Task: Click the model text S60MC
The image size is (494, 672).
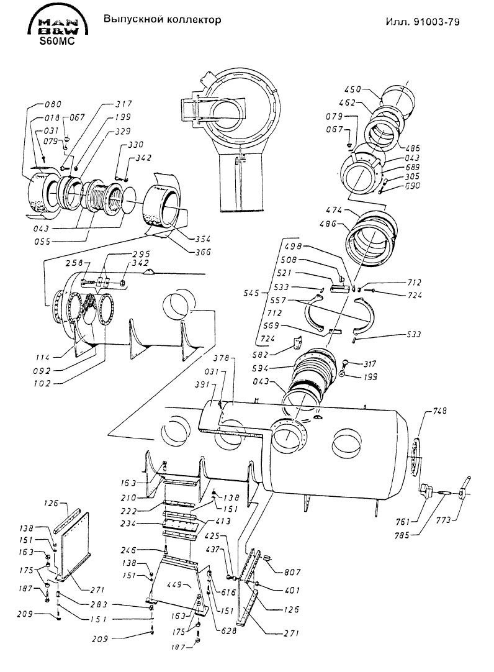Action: tap(56, 42)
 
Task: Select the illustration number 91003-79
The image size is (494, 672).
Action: tap(437, 22)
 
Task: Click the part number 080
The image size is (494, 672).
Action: tap(53, 104)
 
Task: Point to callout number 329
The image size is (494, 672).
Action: tap(122, 131)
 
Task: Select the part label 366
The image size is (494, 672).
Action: tap(203, 252)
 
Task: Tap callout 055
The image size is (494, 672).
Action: tap(42, 242)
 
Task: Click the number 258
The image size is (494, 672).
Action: tap(74, 263)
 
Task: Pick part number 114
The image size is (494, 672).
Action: tap(43, 357)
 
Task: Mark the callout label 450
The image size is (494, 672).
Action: tap(353, 89)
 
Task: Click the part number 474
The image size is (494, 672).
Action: tap(335, 211)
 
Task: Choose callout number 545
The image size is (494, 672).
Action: tap(251, 293)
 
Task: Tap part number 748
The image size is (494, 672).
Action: tap(439, 411)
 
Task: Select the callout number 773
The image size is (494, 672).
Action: tap(444, 520)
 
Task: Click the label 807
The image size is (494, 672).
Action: tap(292, 572)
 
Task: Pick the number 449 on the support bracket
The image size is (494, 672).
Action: tap(175, 584)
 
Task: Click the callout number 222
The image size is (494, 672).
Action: tap(128, 511)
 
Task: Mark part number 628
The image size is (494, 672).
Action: tap(228, 630)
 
